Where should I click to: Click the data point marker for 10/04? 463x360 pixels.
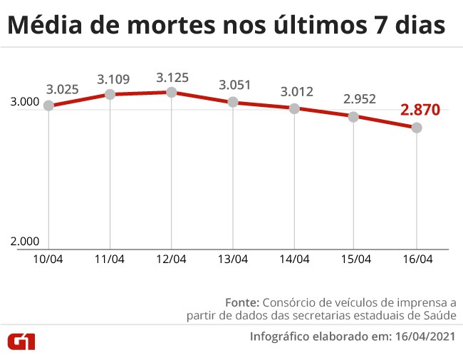[48, 106]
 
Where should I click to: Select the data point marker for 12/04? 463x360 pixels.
[172, 92]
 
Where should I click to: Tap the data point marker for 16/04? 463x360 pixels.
[417, 128]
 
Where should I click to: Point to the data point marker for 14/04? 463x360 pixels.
[294, 108]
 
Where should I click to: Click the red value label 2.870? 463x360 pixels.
[420, 110]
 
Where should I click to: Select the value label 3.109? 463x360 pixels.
[113, 78]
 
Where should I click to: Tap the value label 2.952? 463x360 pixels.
[359, 99]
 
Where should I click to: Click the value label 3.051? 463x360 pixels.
[236, 86]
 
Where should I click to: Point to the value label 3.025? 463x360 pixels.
[63, 90]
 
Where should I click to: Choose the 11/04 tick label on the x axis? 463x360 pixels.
[110, 259]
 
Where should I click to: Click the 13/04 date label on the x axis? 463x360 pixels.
[233, 259]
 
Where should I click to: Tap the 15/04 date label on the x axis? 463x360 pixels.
[355, 259]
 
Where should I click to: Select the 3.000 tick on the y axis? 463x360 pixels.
[25, 103]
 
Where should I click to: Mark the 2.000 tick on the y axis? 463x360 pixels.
[25, 242]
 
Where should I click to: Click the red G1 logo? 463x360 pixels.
[21, 341]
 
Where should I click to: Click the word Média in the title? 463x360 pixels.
[44, 26]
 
